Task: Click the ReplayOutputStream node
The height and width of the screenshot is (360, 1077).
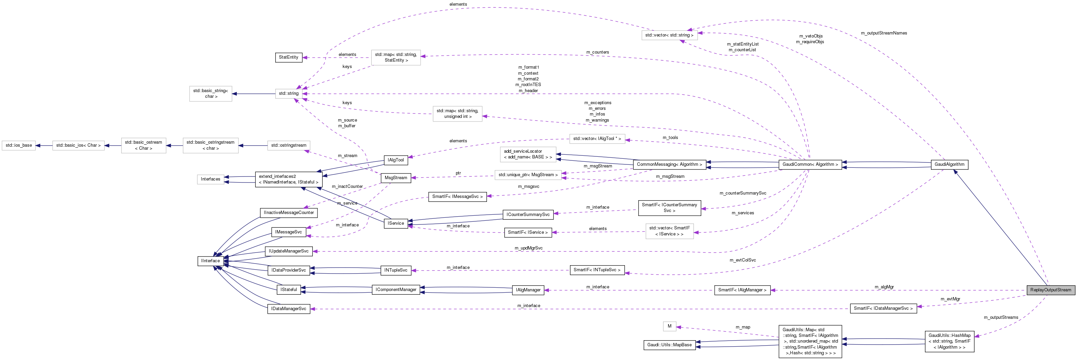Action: (x=1050, y=290)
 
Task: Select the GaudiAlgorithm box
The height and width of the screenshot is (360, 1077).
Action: (x=949, y=164)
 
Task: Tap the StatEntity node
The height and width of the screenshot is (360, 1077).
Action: (x=288, y=57)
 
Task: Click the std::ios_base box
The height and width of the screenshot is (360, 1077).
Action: (x=19, y=145)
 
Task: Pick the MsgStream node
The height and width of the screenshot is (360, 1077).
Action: (x=396, y=178)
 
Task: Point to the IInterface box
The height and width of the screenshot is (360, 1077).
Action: (x=210, y=261)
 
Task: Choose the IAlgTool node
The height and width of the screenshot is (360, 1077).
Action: (x=396, y=160)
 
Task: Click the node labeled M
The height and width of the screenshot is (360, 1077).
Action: (x=669, y=326)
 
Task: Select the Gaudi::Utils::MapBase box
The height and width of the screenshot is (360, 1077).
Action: (x=669, y=345)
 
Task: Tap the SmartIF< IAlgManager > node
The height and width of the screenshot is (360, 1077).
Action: (x=742, y=290)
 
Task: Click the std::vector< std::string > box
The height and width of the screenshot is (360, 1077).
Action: (x=669, y=35)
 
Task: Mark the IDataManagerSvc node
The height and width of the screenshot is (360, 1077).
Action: (x=288, y=308)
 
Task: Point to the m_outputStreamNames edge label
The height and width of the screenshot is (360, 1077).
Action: (x=884, y=33)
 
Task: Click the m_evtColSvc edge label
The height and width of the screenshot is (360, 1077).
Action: (x=742, y=260)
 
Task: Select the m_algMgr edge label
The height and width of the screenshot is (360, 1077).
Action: (x=884, y=287)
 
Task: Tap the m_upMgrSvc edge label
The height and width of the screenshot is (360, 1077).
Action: (x=528, y=248)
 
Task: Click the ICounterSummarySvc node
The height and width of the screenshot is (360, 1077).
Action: (x=528, y=215)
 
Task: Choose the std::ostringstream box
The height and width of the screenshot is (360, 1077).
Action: (x=288, y=145)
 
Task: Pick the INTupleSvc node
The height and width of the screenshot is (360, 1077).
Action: (x=396, y=270)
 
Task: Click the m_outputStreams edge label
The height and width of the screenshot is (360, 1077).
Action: (x=1001, y=317)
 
